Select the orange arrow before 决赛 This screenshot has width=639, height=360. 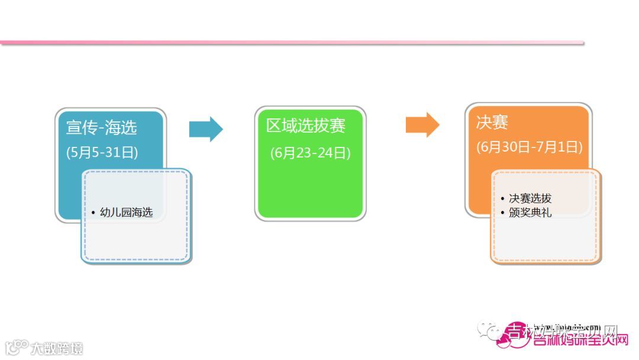422,125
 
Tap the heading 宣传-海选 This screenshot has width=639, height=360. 102,127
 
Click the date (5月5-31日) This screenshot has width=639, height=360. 102,152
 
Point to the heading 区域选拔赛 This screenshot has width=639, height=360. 306,126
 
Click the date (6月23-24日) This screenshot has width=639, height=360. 311,153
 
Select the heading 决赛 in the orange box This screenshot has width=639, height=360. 492,123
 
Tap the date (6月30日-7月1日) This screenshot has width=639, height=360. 530,147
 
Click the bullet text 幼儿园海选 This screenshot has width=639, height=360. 127,212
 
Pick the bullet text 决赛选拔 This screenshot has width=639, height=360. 530,199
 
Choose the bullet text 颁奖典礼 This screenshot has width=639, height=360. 530,212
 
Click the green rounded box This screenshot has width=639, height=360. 311,189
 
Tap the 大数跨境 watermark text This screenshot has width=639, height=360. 57,348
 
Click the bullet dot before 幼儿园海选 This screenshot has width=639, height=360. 93,213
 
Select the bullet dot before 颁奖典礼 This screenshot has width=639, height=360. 502,213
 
